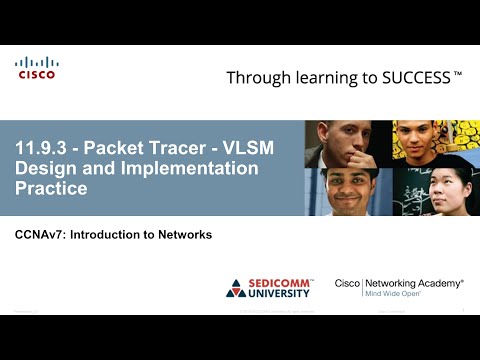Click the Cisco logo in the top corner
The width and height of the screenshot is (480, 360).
37,67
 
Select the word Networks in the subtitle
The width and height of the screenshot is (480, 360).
185,235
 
